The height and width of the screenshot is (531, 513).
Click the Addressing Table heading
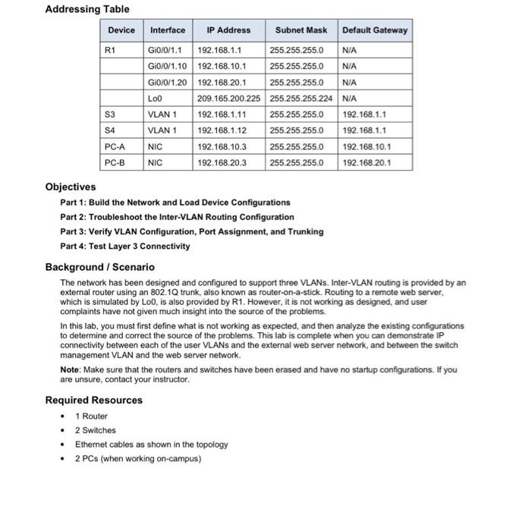coord(87,9)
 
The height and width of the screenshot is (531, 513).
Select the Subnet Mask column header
coord(301,30)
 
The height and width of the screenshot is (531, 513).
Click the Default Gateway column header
coord(374,30)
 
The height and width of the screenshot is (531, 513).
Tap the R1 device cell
coord(111,51)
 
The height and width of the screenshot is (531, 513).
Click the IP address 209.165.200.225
coord(228,98)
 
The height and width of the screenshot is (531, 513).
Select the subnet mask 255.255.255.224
coord(301,98)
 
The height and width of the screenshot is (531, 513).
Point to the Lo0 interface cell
coord(156,98)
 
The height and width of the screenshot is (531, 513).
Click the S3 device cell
coord(111,115)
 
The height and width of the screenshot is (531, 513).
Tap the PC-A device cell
coord(115,146)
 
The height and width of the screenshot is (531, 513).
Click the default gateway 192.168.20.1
coord(367,162)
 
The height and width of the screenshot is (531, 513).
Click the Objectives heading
coord(71,187)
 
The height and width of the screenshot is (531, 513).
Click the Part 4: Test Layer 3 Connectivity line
coord(124,246)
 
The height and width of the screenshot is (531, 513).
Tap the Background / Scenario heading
coord(99,267)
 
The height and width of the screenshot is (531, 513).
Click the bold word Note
coord(70,369)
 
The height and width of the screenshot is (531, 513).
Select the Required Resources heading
coord(93,400)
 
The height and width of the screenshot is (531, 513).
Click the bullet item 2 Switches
coord(96,430)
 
